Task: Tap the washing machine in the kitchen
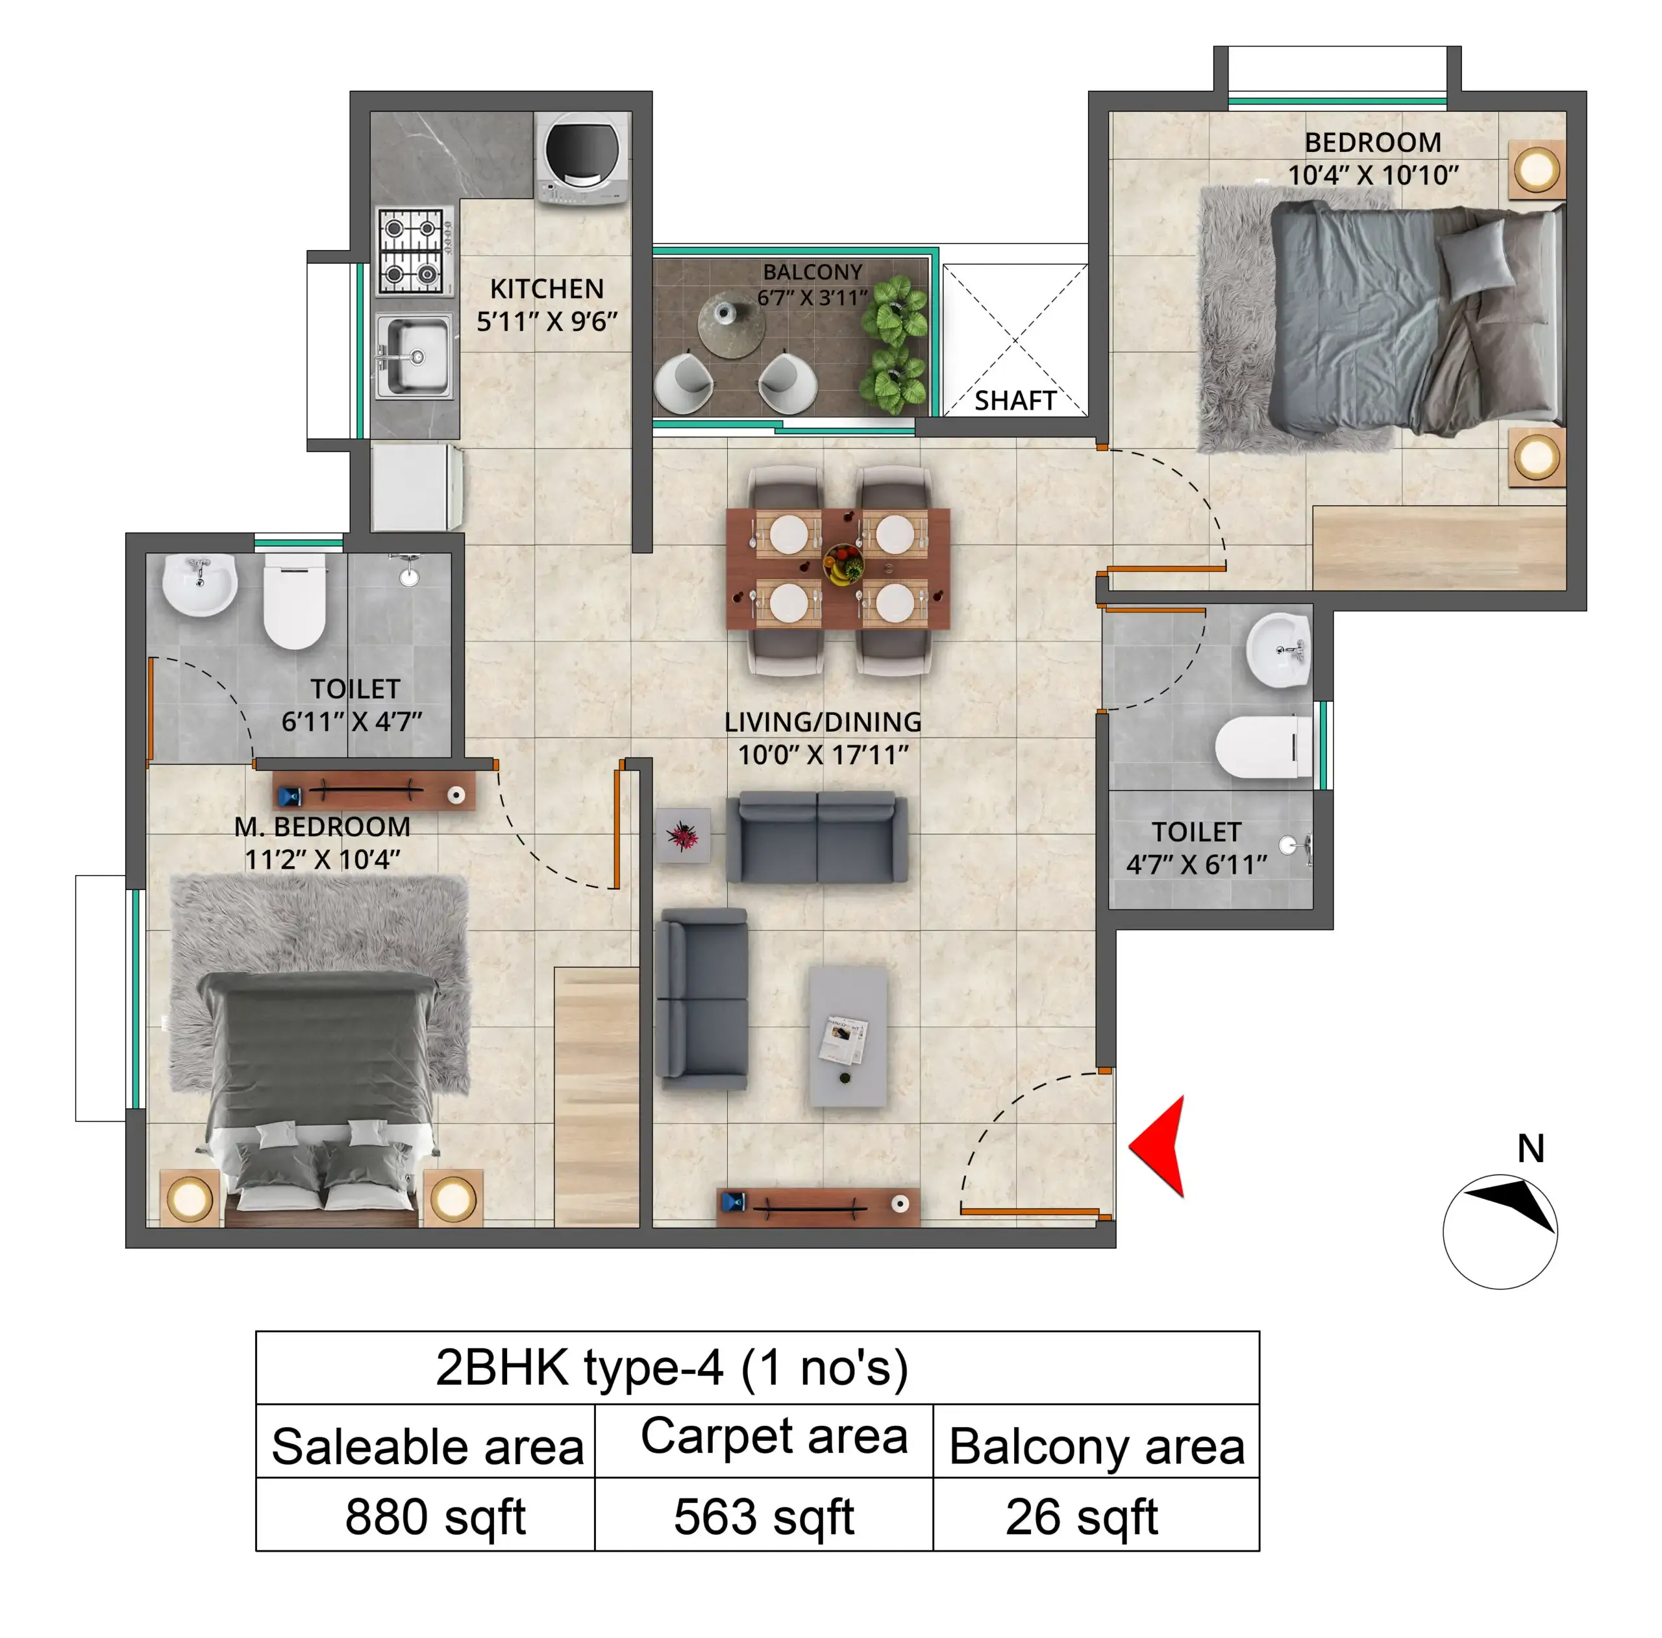click(x=582, y=158)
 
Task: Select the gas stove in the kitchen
click(x=415, y=251)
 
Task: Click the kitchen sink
click(x=415, y=357)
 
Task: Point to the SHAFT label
click(x=1015, y=401)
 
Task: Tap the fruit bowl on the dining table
click(x=843, y=565)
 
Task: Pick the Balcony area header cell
click(x=1097, y=1446)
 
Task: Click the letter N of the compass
click(x=1530, y=1148)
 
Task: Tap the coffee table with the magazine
click(x=847, y=1037)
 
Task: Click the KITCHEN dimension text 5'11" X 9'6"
click(x=547, y=322)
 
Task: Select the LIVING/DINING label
click(x=823, y=722)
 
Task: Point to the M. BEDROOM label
click(x=323, y=826)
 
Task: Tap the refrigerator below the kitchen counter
click(x=415, y=487)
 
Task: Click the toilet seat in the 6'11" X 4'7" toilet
click(x=294, y=602)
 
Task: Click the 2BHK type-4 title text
click(x=671, y=1367)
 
